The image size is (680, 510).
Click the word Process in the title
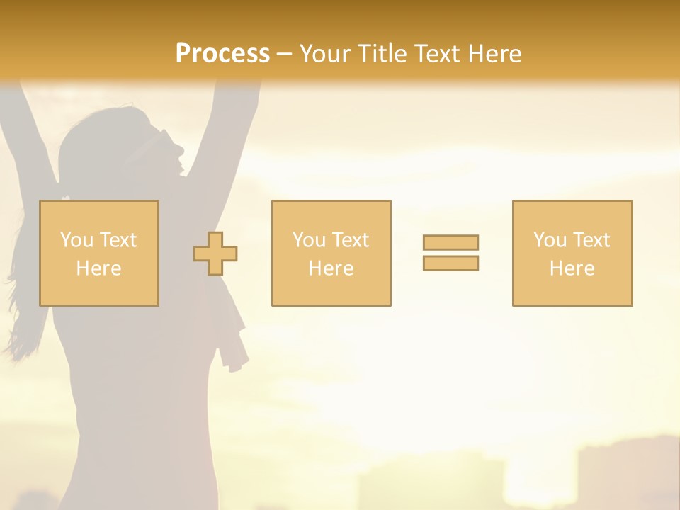tap(222, 54)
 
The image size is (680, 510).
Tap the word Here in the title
tap(494, 54)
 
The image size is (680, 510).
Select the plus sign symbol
tap(215, 254)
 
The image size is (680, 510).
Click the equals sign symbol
tap(450, 253)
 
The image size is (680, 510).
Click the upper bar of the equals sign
tap(450, 242)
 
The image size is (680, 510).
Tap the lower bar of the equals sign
tap(450, 263)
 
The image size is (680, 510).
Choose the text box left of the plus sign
tap(99, 253)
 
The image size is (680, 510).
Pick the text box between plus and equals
tap(331, 253)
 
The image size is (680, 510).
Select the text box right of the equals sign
tap(572, 253)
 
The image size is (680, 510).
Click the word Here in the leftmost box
tap(98, 268)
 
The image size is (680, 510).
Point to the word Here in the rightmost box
tap(572, 268)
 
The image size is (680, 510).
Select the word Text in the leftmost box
tap(118, 240)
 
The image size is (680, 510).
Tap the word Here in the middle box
tap(331, 268)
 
